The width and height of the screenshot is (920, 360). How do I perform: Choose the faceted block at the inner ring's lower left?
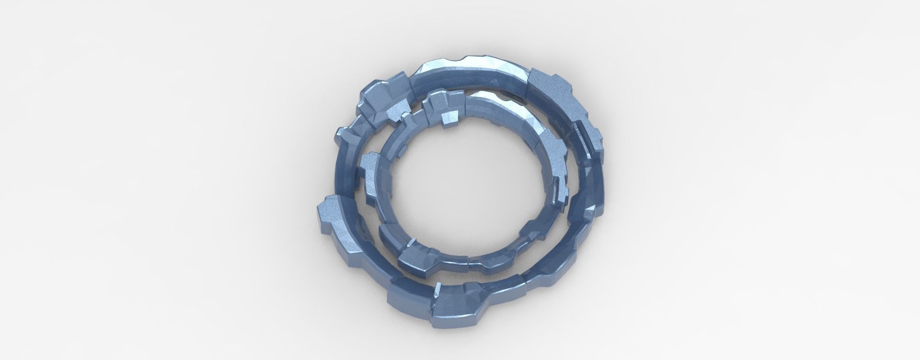click(x=417, y=259)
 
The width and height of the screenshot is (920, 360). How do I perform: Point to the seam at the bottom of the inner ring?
click(x=468, y=261)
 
